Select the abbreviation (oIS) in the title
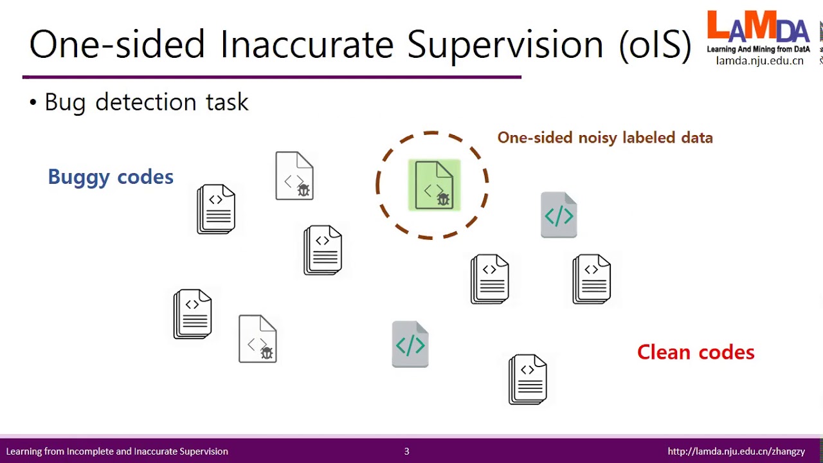(655, 45)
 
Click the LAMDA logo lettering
(757, 28)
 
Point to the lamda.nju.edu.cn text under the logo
(759, 61)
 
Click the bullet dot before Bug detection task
(33, 102)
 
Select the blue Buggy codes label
(111, 177)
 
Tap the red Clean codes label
(696, 352)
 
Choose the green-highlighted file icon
(434, 185)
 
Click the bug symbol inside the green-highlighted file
(443, 199)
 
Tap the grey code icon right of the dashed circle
(559, 215)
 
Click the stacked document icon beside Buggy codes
(216, 209)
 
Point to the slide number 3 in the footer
(406, 451)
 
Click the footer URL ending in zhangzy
(736, 451)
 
